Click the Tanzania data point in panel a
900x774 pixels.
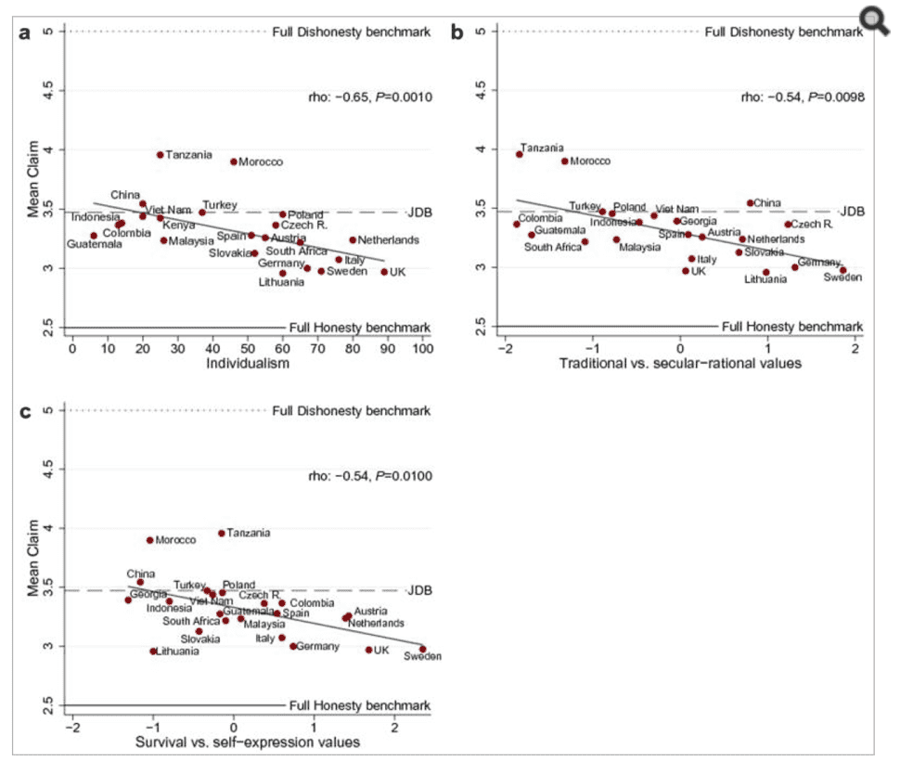pyautogui.click(x=161, y=155)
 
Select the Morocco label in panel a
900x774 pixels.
pyautogui.click(x=261, y=162)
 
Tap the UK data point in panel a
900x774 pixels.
pyautogui.click(x=384, y=272)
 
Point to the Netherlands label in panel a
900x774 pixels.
pyautogui.click(x=388, y=240)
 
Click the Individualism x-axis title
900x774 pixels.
pyautogui.click(x=247, y=365)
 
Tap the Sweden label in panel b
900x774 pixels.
pyautogui.click(x=843, y=277)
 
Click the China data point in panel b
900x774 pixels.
pyautogui.click(x=751, y=203)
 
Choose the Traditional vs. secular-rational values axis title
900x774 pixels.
pyautogui.click(x=680, y=364)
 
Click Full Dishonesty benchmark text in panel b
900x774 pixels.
pyautogui.click(x=784, y=32)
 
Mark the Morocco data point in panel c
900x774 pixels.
pyautogui.click(x=149, y=540)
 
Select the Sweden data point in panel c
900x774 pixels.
pyautogui.click(x=423, y=650)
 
